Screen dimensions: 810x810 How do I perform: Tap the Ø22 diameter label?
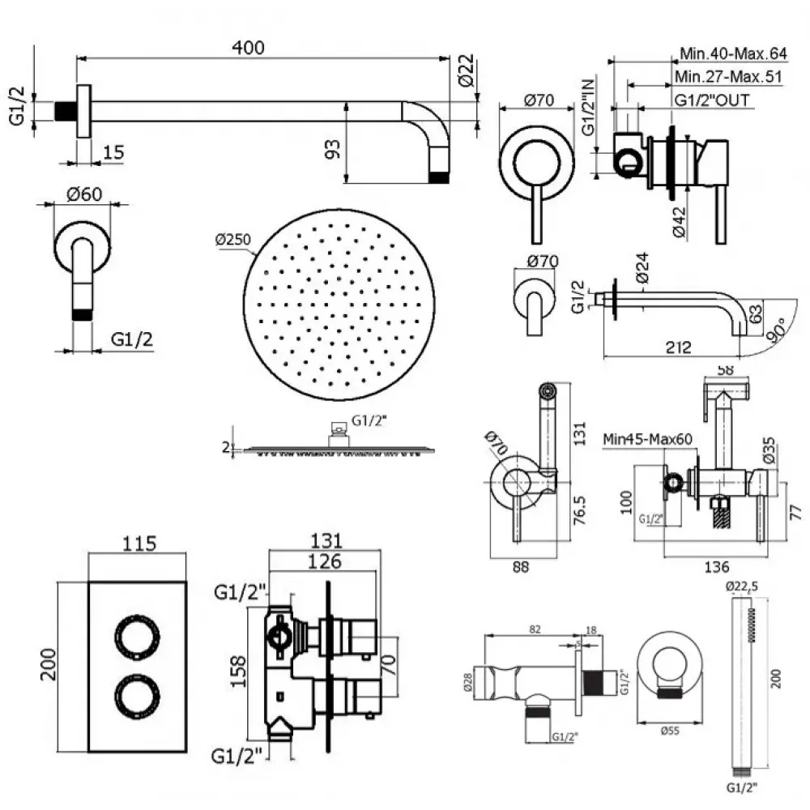465,75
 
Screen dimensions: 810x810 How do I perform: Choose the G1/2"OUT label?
712,100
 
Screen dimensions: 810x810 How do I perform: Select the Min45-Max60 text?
647,439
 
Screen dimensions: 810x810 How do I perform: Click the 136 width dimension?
716,567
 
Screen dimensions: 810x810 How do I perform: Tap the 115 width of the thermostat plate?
139,544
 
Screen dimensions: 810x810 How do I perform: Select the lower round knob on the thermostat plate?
134,696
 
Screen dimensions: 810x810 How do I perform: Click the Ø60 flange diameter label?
84,195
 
